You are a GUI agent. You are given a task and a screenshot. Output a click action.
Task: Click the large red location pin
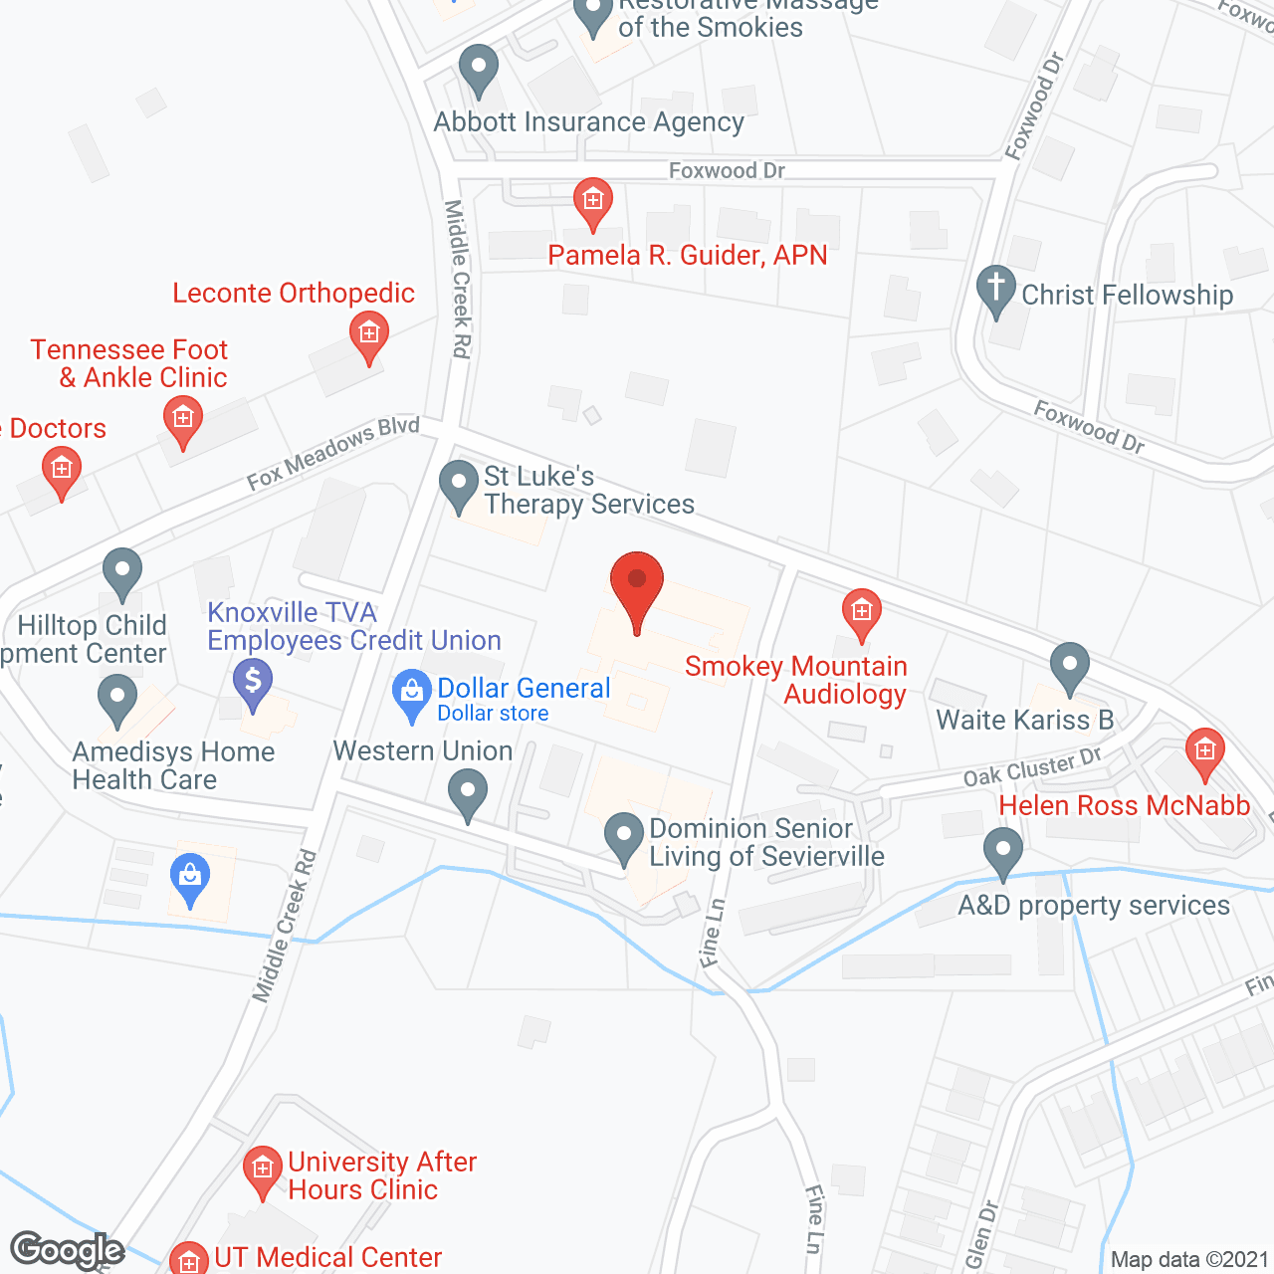click(x=636, y=587)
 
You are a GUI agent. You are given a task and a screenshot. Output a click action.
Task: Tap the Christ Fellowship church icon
click(x=995, y=290)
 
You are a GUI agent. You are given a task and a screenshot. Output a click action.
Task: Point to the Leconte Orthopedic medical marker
click(x=369, y=336)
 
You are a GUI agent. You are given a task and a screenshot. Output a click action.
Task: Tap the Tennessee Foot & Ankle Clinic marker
click(x=182, y=420)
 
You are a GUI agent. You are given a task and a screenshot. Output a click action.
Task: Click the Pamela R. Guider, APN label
click(x=687, y=256)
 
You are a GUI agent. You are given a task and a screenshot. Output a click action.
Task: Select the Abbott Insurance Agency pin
click(x=479, y=70)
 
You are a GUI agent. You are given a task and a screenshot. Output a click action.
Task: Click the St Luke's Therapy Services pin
click(x=459, y=485)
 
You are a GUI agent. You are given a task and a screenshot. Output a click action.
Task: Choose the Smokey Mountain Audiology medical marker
click(x=861, y=612)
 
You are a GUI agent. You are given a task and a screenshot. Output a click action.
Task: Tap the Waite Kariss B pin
click(x=1070, y=666)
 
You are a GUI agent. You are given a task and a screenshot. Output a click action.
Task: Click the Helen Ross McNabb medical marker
click(x=1204, y=751)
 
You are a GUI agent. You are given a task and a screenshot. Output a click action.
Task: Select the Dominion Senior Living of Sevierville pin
click(x=624, y=837)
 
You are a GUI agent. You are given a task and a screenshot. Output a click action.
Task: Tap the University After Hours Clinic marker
click(x=263, y=1169)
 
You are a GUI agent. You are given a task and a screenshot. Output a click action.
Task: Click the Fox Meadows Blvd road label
click(x=333, y=453)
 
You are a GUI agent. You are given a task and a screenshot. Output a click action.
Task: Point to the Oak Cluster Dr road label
click(x=1032, y=767)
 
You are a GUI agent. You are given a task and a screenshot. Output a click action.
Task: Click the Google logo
click(x=68, y=1250)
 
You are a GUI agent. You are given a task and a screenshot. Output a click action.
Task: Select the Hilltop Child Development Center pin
click(x=122, y=573)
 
